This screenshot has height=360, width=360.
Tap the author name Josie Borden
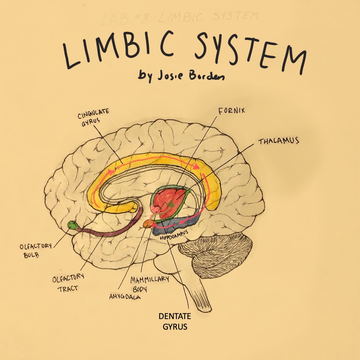pos(181,75)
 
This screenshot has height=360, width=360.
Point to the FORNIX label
pos(232,111)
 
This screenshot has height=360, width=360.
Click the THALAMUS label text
pos(278,141)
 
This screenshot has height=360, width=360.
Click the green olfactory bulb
pos(72,225)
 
